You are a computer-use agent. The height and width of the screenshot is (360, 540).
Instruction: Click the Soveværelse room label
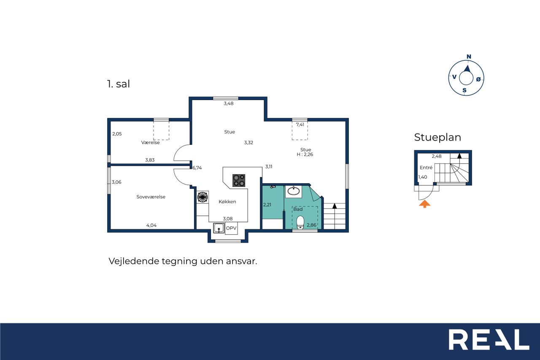[151, 197]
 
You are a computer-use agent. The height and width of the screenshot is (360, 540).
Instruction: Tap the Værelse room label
[151, 143]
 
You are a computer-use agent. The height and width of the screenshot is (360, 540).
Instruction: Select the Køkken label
[227, 202]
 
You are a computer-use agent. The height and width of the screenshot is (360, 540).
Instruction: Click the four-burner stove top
[239, 181]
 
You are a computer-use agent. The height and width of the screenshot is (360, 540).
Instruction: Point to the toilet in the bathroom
[300, 222]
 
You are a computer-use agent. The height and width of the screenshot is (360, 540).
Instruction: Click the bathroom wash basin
[294, 191]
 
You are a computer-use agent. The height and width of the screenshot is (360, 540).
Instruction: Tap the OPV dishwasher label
[231, 228]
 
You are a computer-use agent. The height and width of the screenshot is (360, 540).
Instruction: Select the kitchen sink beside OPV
[219, 228]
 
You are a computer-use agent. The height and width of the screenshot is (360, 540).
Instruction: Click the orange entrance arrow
[424, 204]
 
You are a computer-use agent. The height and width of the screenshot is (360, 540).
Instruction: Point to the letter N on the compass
[469, 57]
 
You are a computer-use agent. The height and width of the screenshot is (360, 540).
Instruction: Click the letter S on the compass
[464, 90]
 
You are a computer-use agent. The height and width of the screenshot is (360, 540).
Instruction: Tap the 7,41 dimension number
[300, 125]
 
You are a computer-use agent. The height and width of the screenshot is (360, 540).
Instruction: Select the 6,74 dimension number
[197, 168]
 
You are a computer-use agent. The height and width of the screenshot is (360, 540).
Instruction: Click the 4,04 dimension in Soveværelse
[151, 225]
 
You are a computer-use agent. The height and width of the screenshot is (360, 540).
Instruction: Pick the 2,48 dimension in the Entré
[437, 156]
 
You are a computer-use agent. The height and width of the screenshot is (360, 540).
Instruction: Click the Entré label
[426, 168]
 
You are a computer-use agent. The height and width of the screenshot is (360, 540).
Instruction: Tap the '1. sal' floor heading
[119, 84]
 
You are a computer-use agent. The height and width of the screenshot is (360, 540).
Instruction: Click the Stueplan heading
[437, 138]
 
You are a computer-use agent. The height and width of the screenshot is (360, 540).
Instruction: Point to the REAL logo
[489, 339]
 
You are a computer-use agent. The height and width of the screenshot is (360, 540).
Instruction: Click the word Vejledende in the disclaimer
[134, 261]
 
